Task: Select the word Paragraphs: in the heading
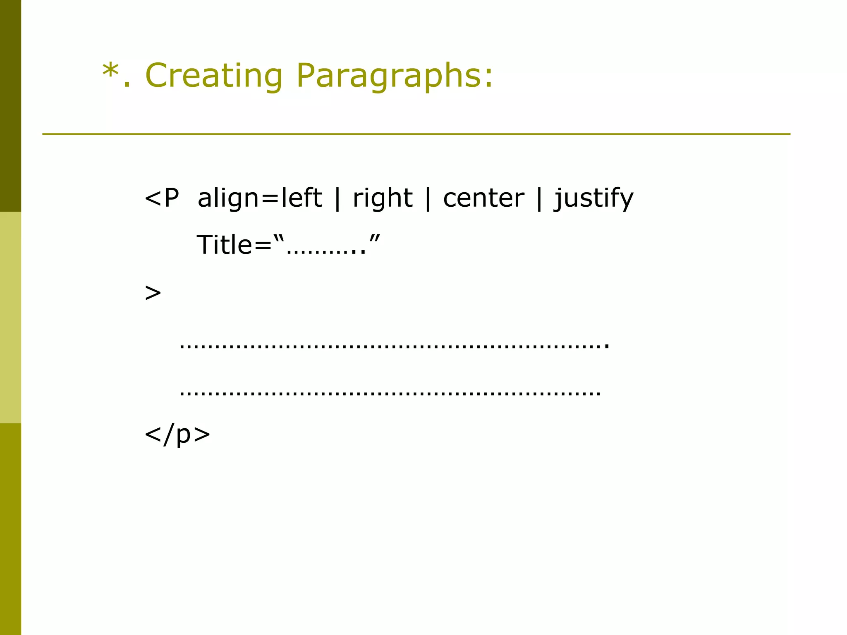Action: coord(395,76)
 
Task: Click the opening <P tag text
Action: coord(162,198)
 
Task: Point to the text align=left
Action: coord(260,198)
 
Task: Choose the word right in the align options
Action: coord(383,199)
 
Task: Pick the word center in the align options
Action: coord(483,198)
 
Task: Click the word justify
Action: coord(594,199)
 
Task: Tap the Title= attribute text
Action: coord(234,245)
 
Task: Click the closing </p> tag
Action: coord(177,434)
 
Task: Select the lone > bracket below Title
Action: coord(153,293)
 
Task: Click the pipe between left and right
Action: coord(337,198)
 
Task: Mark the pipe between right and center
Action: coord(428,198)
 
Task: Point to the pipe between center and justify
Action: coord(539,198)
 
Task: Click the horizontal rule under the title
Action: coord(416,134)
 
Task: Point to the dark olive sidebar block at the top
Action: coord(10,106)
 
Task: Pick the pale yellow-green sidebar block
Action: coord(10,317)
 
